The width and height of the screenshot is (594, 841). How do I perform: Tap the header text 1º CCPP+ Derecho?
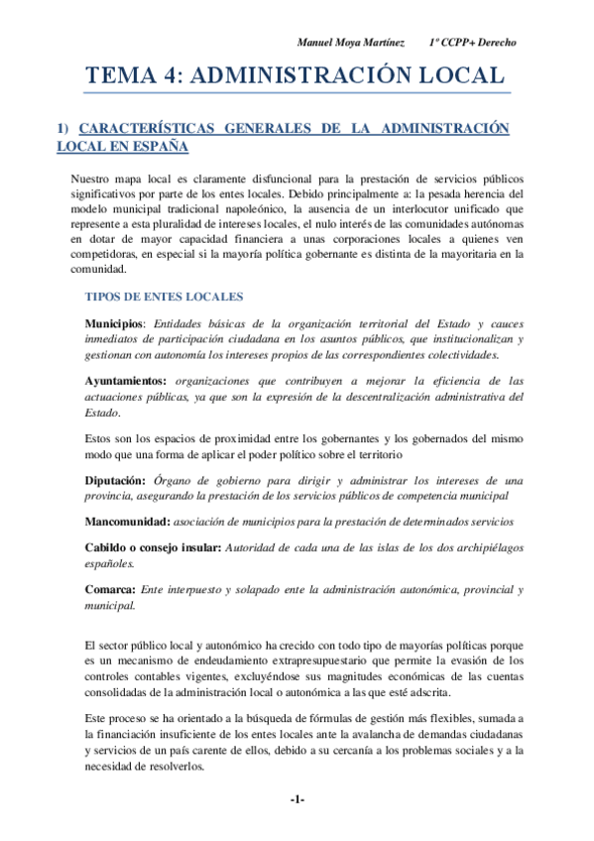point(473,43)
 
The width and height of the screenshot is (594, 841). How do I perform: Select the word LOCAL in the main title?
point(461,76)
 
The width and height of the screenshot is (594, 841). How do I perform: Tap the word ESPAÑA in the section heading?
point(161,146)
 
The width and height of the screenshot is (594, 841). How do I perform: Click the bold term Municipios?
point(114,324)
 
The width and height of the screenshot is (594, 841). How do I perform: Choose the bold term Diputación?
point(116,480)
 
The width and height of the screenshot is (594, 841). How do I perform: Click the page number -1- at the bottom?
point(297,798)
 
